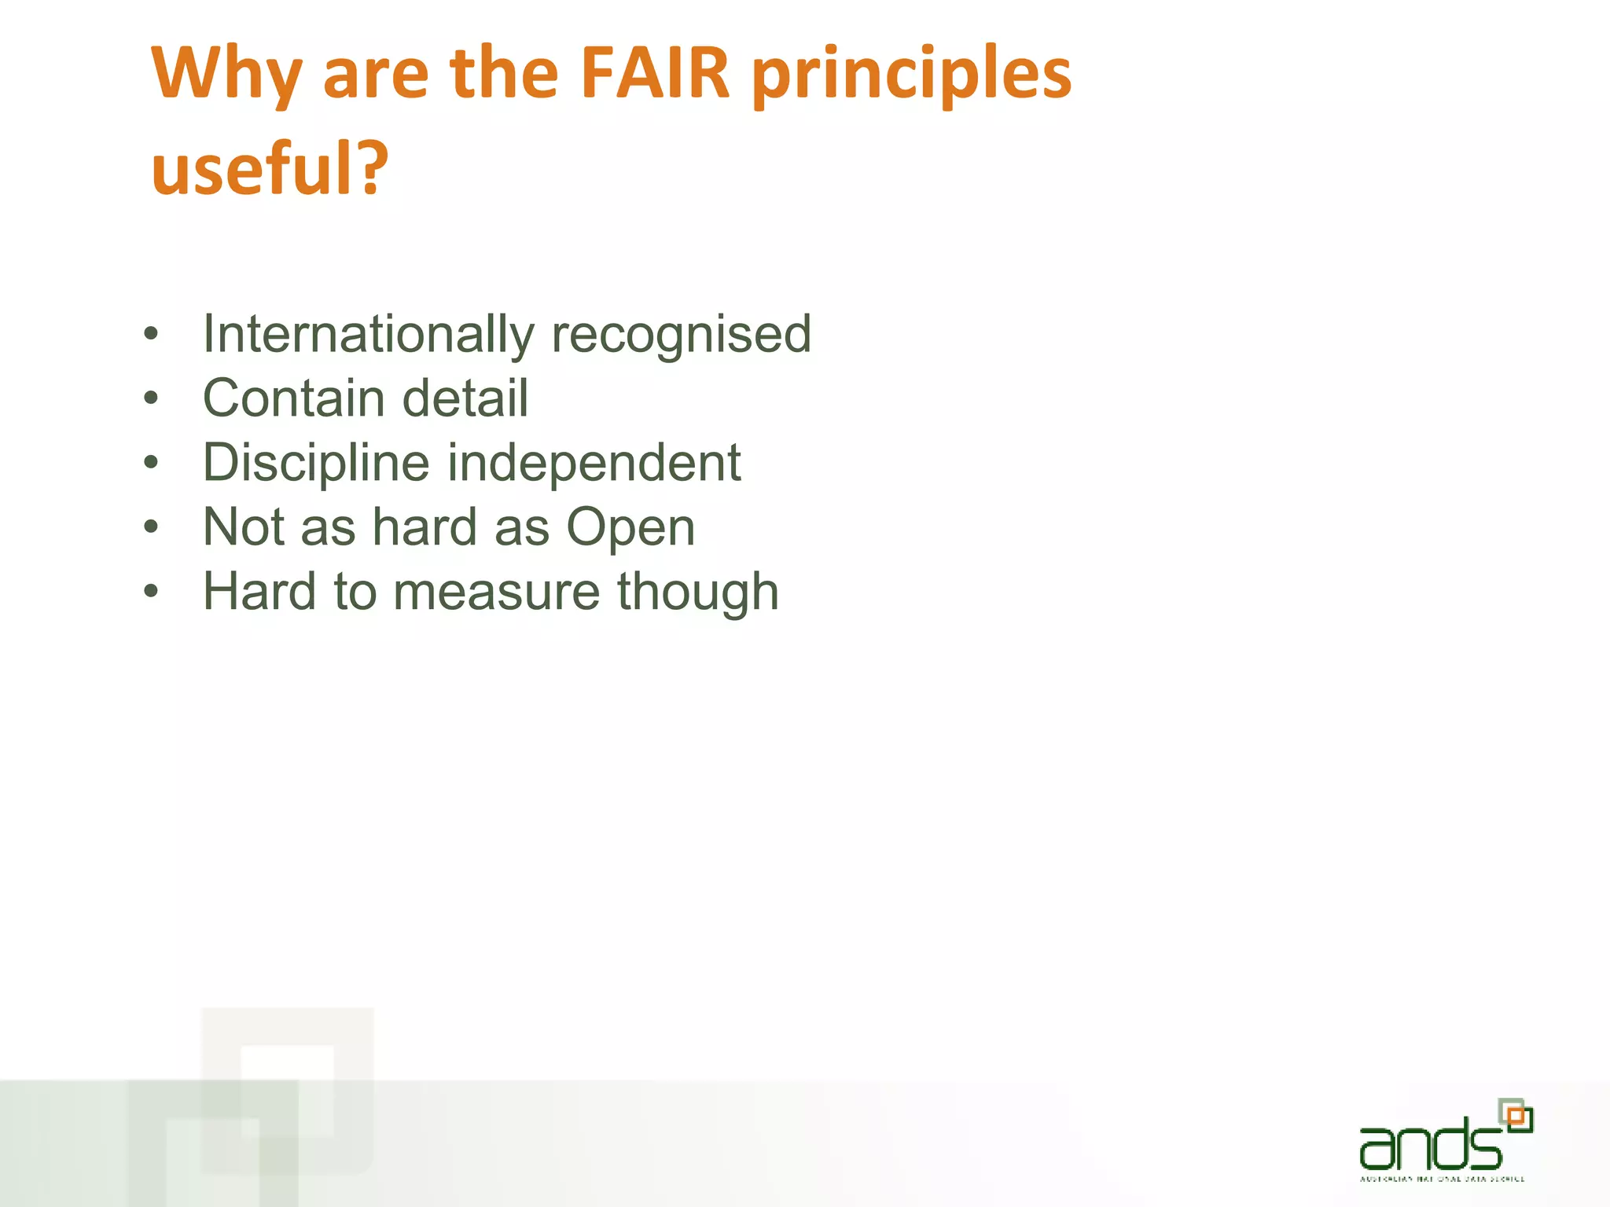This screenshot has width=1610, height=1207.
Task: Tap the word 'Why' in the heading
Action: tap(226, 75)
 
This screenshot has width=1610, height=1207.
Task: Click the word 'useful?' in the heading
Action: tap(270, 168)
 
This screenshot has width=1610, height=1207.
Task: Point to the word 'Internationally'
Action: tap(368, 335)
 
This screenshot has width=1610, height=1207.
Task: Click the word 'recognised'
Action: tap(681, 335)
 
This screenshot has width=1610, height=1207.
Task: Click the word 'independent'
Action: tap(594, 463)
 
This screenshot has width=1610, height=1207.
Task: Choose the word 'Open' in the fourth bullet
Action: tap(630, 528)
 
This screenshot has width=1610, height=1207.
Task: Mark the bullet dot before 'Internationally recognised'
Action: tap(151, 335)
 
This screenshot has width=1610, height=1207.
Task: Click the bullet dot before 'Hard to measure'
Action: tap(151, 591)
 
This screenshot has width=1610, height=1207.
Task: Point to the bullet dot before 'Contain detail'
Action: tap(151, 398)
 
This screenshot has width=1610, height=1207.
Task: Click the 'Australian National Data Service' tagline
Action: tap(1442, 1179)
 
